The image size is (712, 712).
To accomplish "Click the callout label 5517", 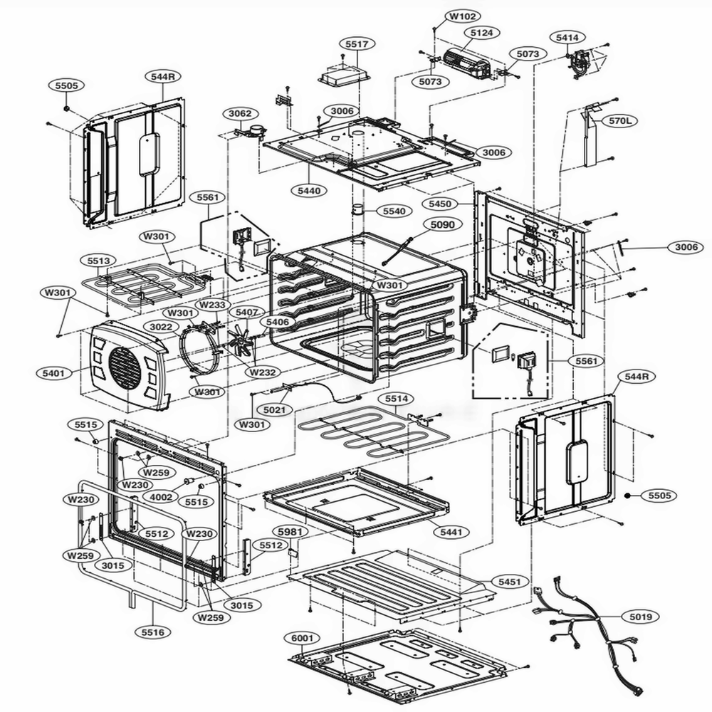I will point(357,44).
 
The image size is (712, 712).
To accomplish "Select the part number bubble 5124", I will point(481,33).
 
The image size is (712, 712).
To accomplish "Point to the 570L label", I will point(619,122).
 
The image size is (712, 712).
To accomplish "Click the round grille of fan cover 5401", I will point(125,367).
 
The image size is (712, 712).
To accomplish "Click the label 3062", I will point(239,114).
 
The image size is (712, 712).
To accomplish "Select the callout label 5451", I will point(509,582).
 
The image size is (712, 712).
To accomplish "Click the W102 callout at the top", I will point(464,16).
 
